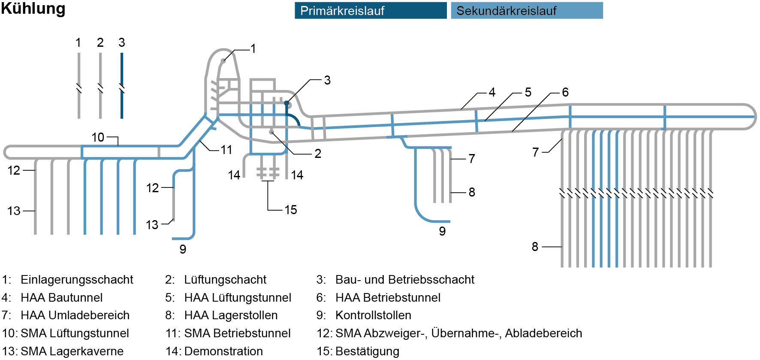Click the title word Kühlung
click(33, 9)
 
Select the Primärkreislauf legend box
click(371, 11)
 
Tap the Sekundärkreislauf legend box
click(527, 11)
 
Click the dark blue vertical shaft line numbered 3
click(122, 69)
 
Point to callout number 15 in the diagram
click(291, 210)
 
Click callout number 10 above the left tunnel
click(98, 137)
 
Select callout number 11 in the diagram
click(226, 150)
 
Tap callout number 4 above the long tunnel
click(492, 92)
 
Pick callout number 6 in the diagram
click(565, 92)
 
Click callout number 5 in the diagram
click(528, 92)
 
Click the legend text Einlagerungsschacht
click(77, 280)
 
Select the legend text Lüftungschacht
click(225, 280)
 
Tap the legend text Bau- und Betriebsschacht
click(404, 280)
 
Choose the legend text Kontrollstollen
click(373, 315)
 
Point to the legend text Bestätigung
click(367, 351)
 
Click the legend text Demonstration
click(223, 351)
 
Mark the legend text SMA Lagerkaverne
click(72, 351)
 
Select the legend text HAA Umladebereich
click(75, 315)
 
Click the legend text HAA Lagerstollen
click(231, 315)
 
